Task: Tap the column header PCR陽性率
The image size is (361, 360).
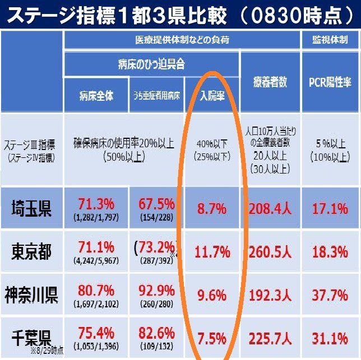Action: [x=330, y=82]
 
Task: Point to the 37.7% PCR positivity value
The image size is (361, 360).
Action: [x=330, y=295]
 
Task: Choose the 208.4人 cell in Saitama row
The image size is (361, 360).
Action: [x=271, y=209]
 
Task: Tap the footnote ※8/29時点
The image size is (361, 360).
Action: [x=47, y=351]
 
